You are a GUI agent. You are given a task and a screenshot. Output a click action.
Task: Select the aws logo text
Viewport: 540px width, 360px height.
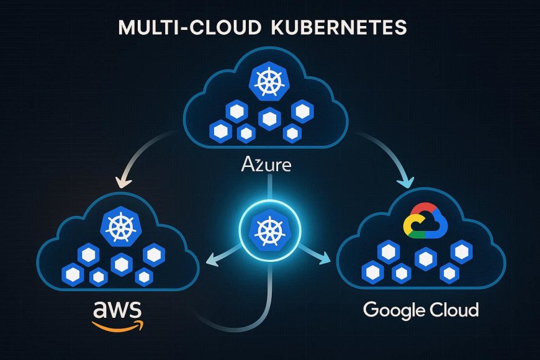117,308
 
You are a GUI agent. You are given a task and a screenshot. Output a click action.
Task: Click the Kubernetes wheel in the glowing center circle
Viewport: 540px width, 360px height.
270,230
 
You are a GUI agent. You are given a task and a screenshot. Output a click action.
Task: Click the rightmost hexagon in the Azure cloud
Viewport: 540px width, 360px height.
303,112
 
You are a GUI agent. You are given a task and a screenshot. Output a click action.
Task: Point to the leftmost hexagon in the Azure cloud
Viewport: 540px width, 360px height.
218,130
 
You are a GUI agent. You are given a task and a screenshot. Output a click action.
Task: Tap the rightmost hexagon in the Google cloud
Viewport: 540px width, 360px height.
461,252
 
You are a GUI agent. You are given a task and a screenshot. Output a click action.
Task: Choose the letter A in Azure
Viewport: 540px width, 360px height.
246,166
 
